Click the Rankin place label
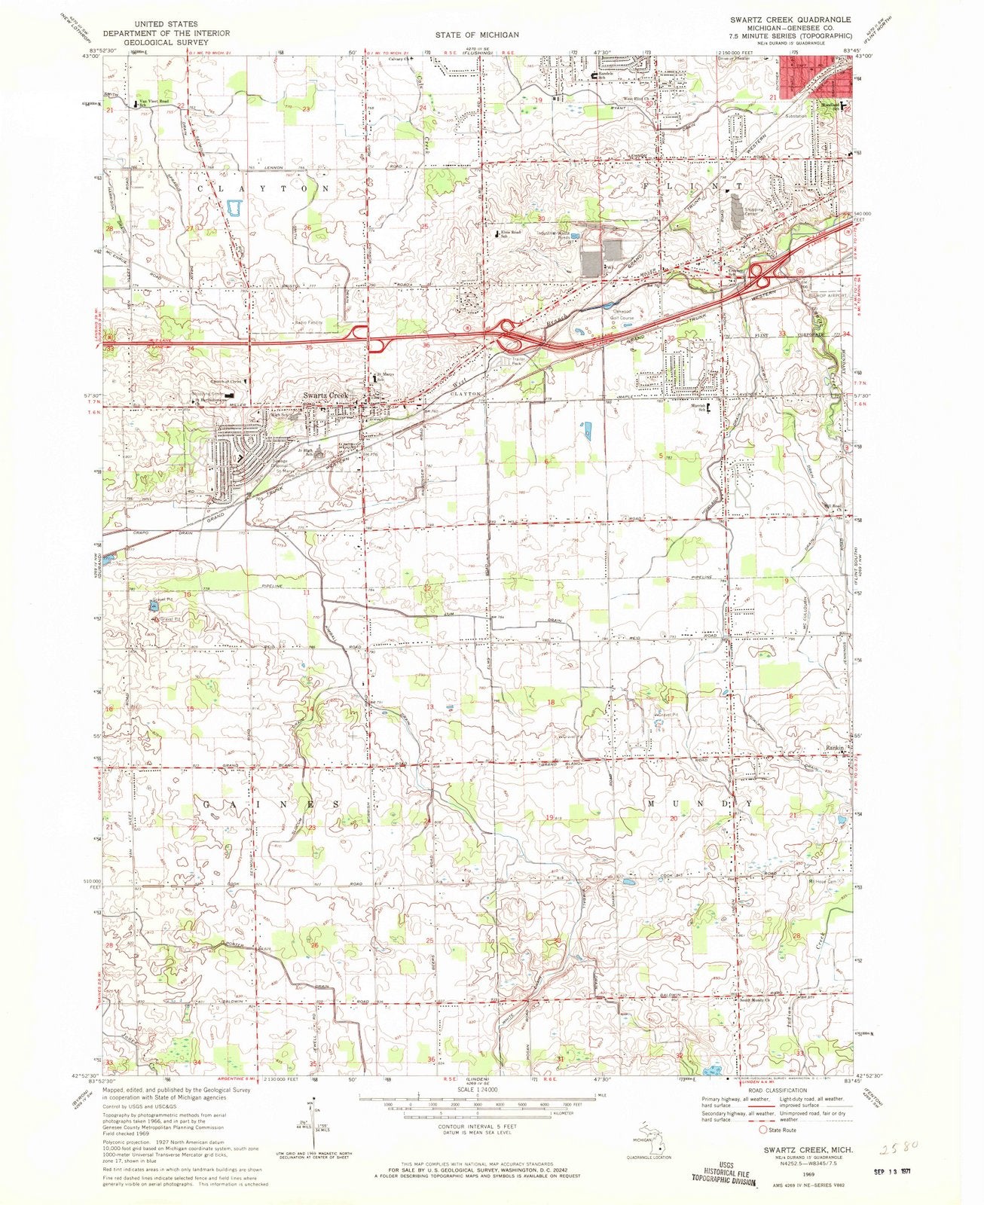click(x=836, y=748)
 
